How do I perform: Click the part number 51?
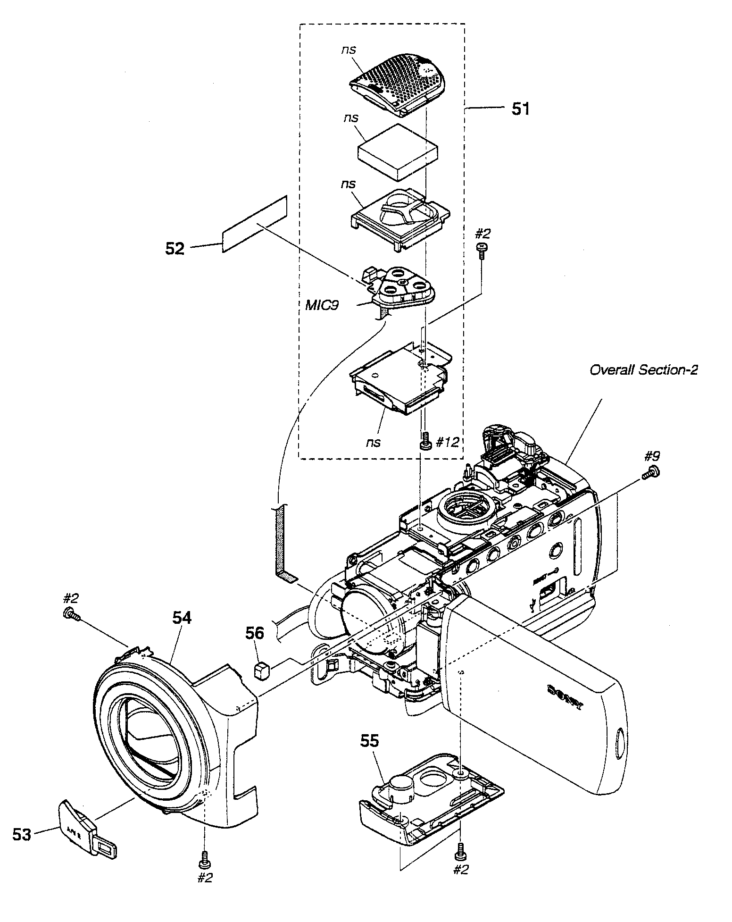[520, 109]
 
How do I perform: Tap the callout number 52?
[175, 249]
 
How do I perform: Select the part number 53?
[22, 834]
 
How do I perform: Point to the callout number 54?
[182, 618]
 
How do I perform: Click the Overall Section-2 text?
[643, 369]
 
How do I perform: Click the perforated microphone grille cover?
[399, 84]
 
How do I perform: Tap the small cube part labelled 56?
[261, 670]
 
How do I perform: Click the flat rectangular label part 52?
[255, 224]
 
